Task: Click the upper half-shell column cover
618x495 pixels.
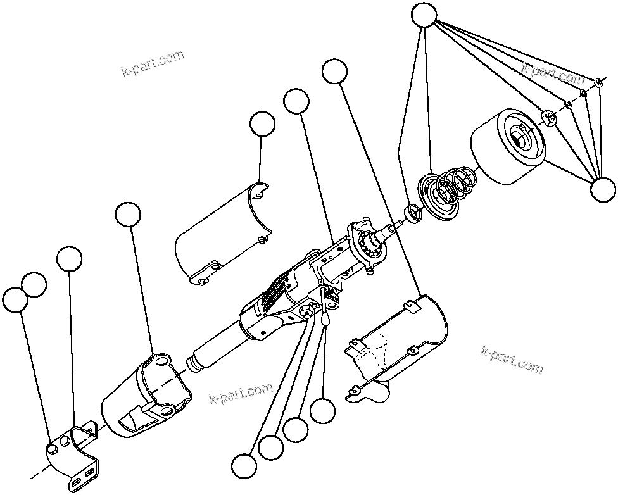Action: [x=222, y=237]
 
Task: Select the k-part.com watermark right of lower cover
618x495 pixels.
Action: [x=512, y=360]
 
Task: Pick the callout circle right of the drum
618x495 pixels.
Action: [x=602, y=189]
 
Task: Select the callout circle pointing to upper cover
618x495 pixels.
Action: [x=262, y=125]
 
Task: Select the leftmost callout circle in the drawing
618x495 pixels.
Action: [x=15, y=299]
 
